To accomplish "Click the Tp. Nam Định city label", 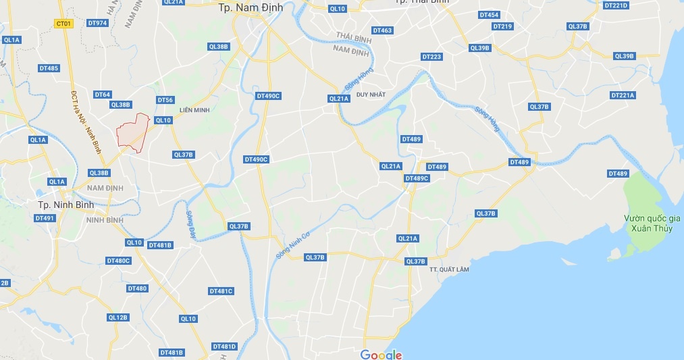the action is tap(251, 8).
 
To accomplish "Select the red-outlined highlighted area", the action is tap(132, 131).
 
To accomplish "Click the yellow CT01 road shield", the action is tap(63, 24).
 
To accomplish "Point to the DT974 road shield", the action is tap(98, 23).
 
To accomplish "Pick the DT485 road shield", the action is tap(49, 68).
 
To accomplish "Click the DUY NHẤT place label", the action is tap(371, 95).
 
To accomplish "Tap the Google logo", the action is tap(381, 355).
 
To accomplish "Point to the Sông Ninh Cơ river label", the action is tap(292, 243).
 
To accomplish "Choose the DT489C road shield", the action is tap(417, 178).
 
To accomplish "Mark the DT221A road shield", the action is tap(623, 95).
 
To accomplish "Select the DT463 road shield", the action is tap(382, 30).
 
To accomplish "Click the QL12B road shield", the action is tap(117, 317).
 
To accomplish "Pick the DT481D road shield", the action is tap(225, 346).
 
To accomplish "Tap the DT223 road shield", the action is tap(431, 57).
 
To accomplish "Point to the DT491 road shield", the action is tap(45, 218).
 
